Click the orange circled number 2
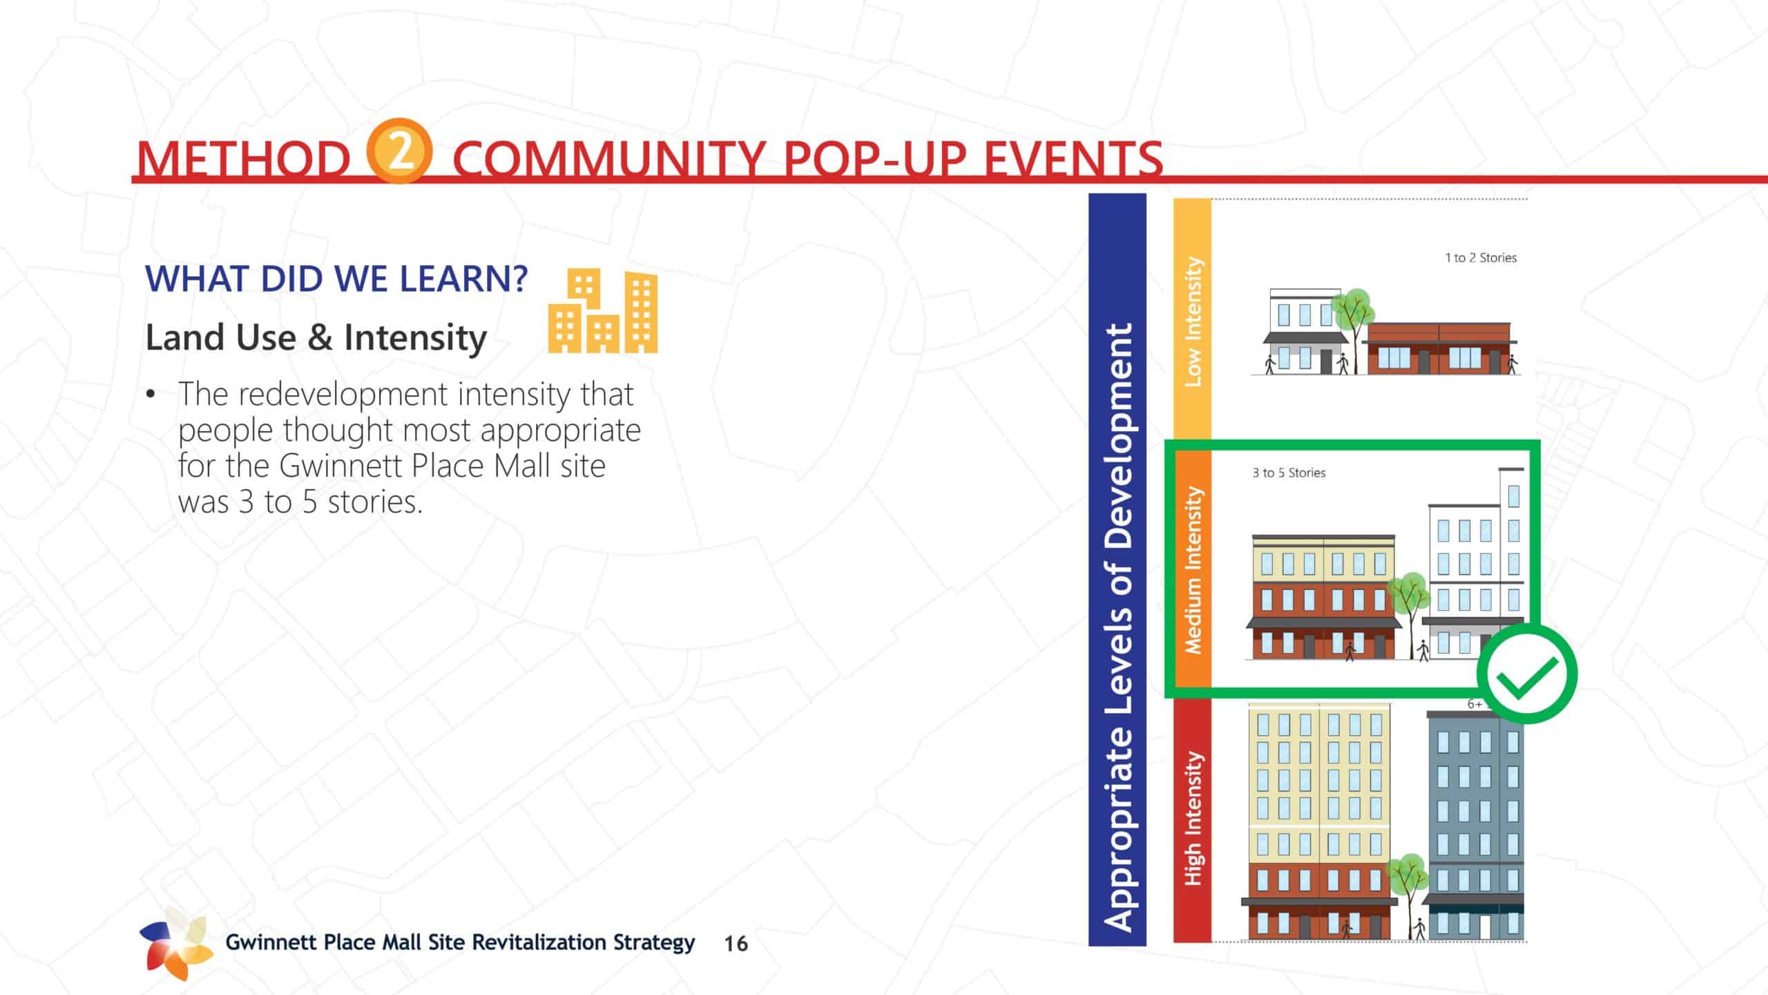click(399, 151)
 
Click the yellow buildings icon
click(602, 312)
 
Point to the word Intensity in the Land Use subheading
click(415, 339)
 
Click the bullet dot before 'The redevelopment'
click(151, 395)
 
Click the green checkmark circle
click(1527, 674)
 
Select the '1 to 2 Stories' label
click(1481, 258)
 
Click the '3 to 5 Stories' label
click(1289, 473)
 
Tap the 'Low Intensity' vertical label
click(1193, 322)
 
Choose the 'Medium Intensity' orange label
click(1193, 570)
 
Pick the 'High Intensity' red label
click(1193, 818)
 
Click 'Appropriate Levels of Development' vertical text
click(1117, 627)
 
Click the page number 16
click(736, 944)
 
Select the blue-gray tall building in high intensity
click(1475, 826)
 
